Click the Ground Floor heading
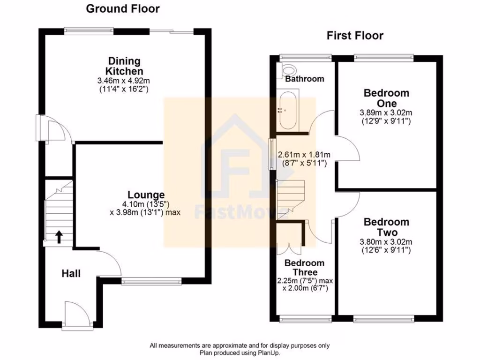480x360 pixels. [x=123, y=8]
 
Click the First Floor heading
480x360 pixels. [x=355, y=36]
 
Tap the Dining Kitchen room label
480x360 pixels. [x=124, y=66]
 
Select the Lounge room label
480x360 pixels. [x=146, y=195]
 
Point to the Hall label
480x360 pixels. [x=71, y=273]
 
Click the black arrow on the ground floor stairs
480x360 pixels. [x=59, y=237]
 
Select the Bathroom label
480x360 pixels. [x=305, y=79]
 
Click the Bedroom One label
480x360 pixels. [x=386, y=98]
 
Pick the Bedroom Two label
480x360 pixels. [x=386, y=227]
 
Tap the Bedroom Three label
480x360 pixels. [x=304, y=268]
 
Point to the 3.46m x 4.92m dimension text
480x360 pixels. [x=124, y=81]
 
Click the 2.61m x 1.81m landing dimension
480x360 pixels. [x=304, y=155]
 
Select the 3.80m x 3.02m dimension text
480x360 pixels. [x=386, y=242]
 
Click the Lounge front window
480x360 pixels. [x=151, y=282]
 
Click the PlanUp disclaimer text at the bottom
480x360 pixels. [x=240, y=349]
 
